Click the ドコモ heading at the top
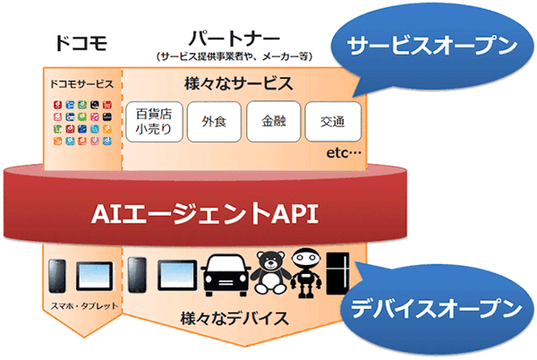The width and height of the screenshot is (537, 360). pyautogui.click(x=81, y=43)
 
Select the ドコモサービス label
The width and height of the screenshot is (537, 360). pyautogui.click(x=81, y=84)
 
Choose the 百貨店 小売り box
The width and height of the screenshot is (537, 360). pyautogui.click(x=154, y=122)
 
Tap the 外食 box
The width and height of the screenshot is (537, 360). pyautogui.click(x=213, y=122)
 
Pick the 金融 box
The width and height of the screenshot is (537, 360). pyautogui.click(x=270, y=122)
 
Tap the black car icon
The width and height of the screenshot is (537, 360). pyautogui.click(x=227, y=275)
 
